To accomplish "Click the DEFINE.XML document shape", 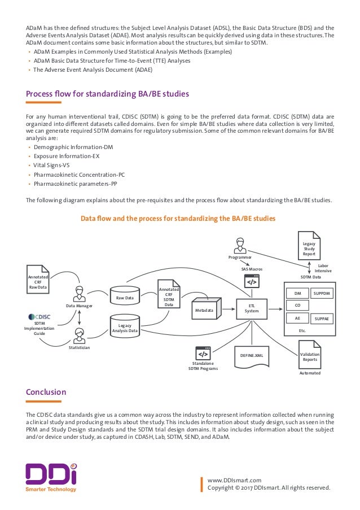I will click(252, 355).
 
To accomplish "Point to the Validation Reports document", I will click(310, 357).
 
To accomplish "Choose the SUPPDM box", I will click(324, 293).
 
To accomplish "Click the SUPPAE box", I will click(324, 319).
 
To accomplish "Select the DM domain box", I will click(297, 293).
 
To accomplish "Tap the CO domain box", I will click(297, 306).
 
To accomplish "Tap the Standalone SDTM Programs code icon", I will click(203, 353).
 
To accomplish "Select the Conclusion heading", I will click(46, 392).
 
